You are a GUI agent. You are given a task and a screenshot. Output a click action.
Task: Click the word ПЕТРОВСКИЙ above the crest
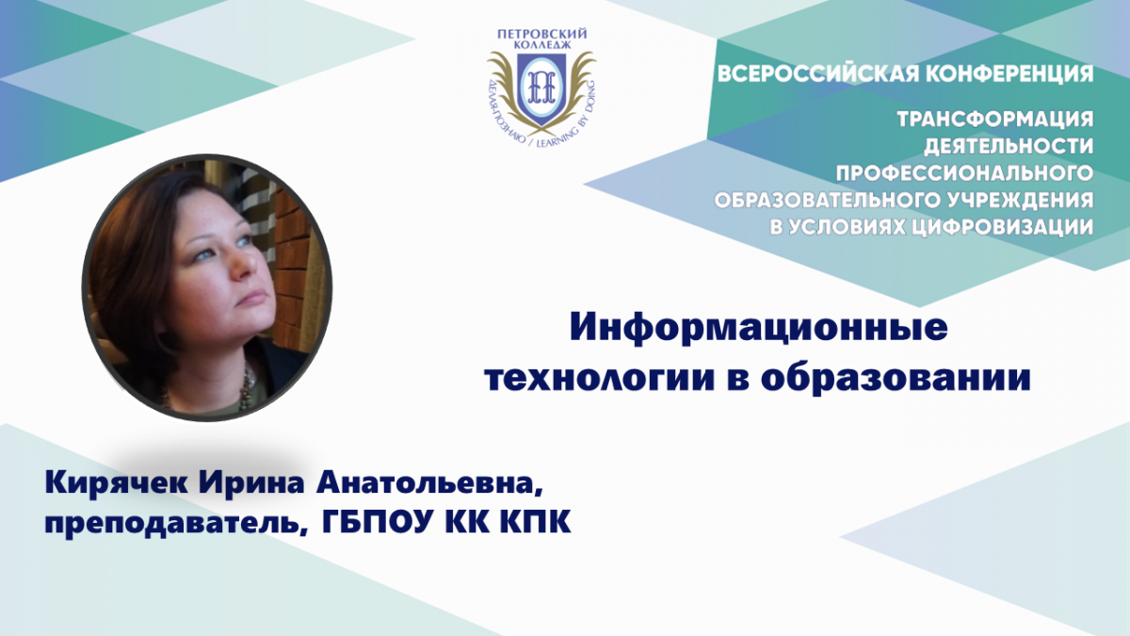point(541,34)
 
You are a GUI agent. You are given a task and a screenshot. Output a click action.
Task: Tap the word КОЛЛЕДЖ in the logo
point(541,45)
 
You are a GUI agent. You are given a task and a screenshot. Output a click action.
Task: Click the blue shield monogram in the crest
point(541,88)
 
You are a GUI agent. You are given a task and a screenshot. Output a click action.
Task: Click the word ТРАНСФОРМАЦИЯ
point(995,119)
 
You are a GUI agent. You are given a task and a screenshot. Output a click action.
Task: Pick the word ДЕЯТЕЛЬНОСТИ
point(1009,146)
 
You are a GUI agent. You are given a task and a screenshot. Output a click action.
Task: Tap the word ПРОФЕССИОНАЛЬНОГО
point(964,173)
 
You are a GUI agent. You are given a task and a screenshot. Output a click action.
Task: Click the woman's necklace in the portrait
point(246,386)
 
